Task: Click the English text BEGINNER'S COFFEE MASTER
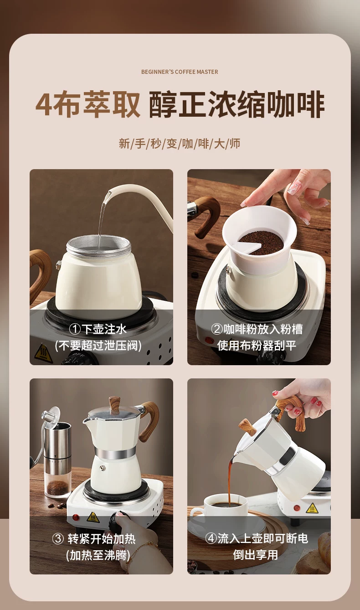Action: [x=180, y=72]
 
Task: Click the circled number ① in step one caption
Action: [x=75, y=329]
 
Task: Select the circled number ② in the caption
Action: [x=217, y=329]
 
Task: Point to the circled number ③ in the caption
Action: [x=58, y=539]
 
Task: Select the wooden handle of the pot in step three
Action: [x=149, y=419]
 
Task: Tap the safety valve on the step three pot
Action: [x=103, y=468]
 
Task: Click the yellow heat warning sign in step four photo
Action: [x=312, y=508]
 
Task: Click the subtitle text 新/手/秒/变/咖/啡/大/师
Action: [x=180, y=144]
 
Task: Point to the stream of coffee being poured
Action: [x=231, y=481]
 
